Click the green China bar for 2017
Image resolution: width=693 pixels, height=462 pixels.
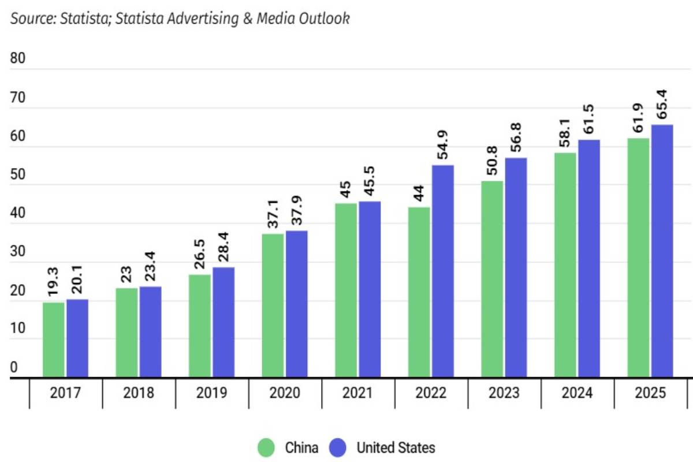[54, 340]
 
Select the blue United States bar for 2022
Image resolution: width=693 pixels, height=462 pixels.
[442, 271]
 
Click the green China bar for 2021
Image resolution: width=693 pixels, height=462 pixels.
[346, 290]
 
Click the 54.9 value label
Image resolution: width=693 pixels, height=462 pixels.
[443, 145]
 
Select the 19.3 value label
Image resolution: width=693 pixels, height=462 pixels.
[54, 283]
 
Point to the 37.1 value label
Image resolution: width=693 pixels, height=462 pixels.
[273, 214]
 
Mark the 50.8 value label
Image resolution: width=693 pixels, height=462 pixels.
[492, 162]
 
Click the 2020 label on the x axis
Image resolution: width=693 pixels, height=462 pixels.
[285, 393]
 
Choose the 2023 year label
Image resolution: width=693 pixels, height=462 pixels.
[504, 393]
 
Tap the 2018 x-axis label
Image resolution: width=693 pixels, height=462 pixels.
[139, 393]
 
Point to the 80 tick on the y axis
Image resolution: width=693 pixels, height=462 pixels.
[18, 59]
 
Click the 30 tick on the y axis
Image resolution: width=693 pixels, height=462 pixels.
[18, 252]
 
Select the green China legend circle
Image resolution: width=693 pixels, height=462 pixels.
[266, 448]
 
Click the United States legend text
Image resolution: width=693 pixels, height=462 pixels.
[396, 448]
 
